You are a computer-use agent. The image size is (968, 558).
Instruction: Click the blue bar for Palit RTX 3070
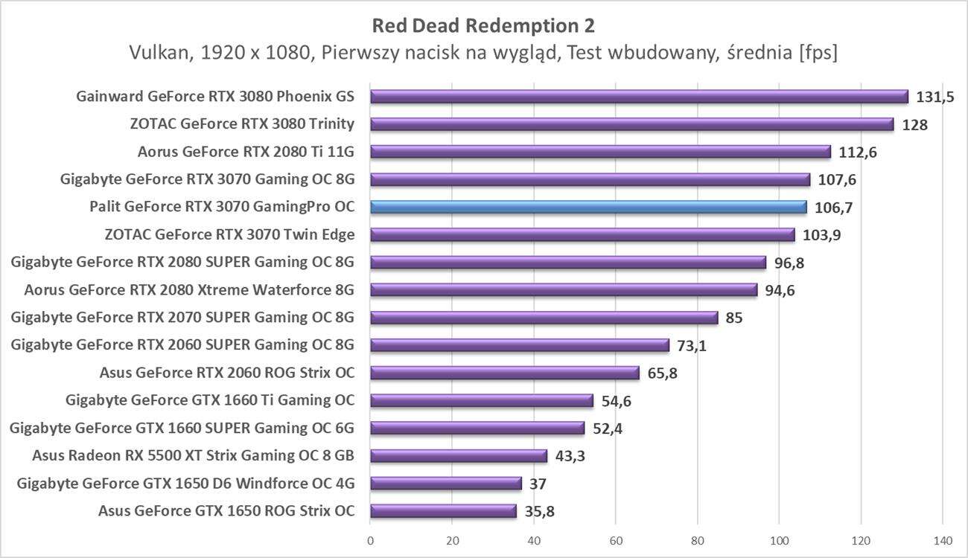(x=588, y=207)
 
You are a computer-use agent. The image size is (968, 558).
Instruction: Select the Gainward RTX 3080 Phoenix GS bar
(x=639, y=97)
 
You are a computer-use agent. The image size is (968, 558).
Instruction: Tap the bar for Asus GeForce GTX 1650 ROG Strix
(x=443, y=511)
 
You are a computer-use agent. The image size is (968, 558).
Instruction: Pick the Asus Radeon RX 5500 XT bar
(x=459, y=456)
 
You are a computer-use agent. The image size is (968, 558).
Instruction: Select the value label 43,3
(x=570, y=456)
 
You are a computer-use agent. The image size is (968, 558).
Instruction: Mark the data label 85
(x=734, y=318)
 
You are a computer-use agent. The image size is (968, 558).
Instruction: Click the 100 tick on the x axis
(x=779, y=541)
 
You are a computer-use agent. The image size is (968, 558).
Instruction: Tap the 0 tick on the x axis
(x=370, y=541)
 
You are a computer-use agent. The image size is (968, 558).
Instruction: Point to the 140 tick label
(x=942, y=541)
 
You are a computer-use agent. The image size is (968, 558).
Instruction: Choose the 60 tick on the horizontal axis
(x=616, y=541)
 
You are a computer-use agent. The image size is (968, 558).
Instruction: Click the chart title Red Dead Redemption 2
(x=483, y=26)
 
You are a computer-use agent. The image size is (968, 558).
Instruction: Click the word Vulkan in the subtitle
(x=156, y=54)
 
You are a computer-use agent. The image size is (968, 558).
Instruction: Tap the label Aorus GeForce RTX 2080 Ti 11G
(x=246, y=152)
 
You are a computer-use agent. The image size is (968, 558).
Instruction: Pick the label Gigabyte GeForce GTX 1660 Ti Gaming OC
(x=210, y=400)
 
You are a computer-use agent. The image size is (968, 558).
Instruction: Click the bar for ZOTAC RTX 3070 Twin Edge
(x=582, y=235)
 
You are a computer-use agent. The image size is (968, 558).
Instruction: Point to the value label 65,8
(x=663, y=373)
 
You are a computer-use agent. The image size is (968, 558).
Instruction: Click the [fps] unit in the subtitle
(x=818, y=54)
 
